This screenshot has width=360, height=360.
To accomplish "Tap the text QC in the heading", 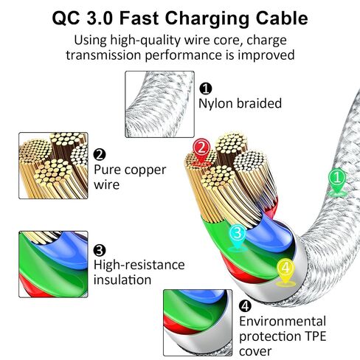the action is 66,18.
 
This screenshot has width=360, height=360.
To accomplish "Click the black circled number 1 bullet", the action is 206,89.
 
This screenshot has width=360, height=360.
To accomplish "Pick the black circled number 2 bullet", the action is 100,155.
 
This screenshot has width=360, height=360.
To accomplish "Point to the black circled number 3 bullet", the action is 100,250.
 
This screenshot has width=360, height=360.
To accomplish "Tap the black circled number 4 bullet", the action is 245,306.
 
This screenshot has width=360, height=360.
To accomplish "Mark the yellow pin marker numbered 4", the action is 285,271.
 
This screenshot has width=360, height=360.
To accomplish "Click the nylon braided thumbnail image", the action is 159,104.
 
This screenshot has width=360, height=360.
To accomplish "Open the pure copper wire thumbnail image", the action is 53,165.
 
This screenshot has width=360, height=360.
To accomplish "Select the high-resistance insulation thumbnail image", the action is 53,264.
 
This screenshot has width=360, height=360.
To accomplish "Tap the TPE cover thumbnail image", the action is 198,322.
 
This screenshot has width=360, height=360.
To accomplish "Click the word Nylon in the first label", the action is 215,104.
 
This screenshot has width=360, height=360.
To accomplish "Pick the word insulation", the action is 122,280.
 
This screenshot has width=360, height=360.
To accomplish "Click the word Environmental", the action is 283,322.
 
